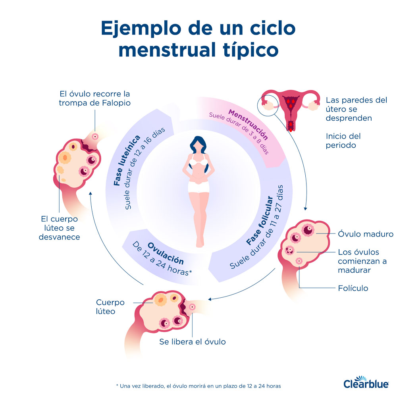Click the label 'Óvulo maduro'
tap(365, 234)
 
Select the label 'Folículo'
tap(353, 288)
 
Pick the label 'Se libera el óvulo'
tap(192, 341)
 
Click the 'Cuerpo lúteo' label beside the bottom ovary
tap(110, 306)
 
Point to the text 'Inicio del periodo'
tap(343, 141)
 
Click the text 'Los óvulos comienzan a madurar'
tap(358, 261)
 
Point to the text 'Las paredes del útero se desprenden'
tap(356, 109)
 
